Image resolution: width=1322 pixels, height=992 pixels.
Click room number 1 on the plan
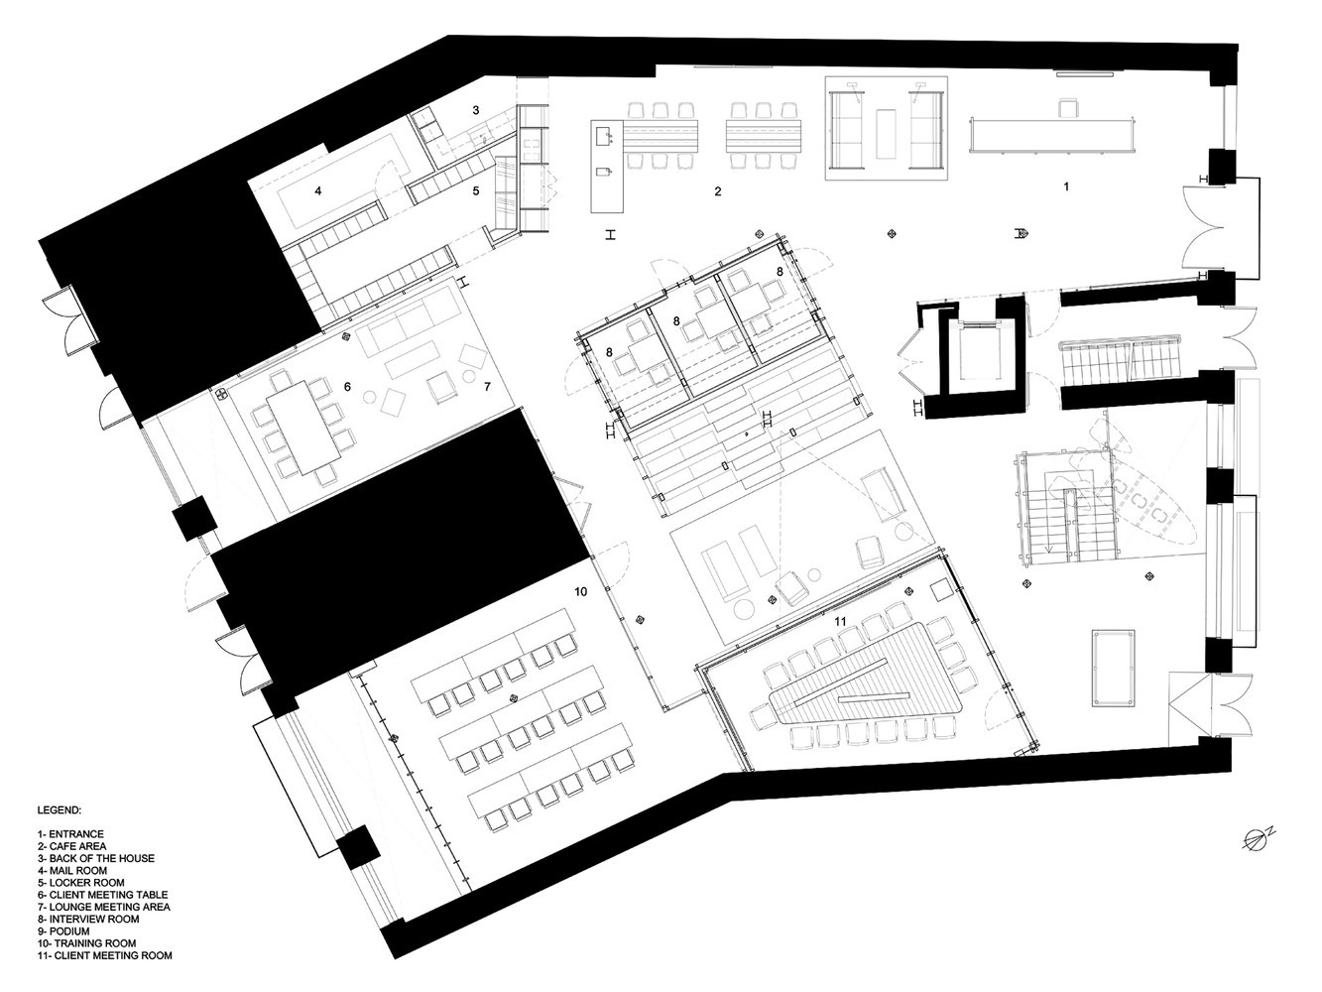(1066, 186)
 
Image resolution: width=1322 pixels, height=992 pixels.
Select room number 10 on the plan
(581, 591)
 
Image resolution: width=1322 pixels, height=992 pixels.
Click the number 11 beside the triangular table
(841, 622)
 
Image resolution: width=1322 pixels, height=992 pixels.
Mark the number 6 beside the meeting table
(348, 387)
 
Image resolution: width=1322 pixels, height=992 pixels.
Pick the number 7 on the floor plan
(487, 386)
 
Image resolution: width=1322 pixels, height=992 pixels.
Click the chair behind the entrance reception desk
(1068, 107)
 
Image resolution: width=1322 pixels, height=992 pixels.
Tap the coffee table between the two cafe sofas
(888, 133)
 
